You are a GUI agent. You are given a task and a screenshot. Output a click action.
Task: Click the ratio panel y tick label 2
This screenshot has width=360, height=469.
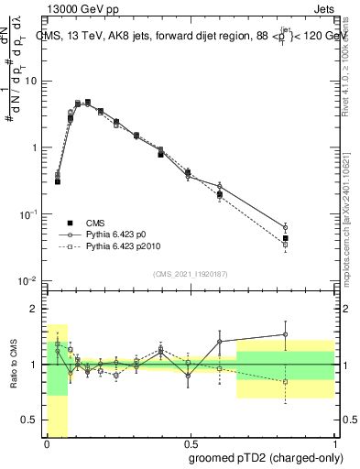coord(36,309)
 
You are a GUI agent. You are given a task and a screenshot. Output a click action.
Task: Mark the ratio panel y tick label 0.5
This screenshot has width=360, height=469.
coord(32,420)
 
